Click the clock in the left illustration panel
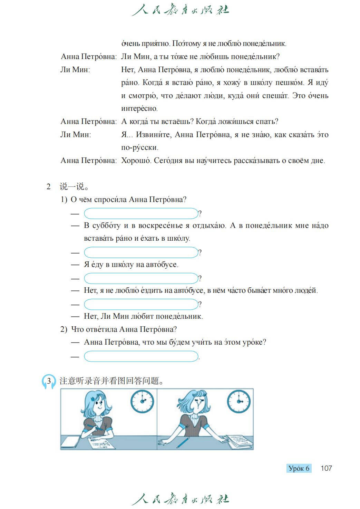(142, 401)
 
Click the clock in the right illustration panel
(239, 402)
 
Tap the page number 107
(326, 468)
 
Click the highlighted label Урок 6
(299, 468)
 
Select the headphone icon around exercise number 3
(49, 382)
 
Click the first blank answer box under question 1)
(141, 213)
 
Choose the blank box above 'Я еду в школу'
(141, 252)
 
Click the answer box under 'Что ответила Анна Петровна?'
(141, 356)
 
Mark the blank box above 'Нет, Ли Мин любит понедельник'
(141, 304)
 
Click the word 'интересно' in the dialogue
(139, 108)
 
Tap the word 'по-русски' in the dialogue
(139, 147)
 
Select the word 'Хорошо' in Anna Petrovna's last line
(136, 161)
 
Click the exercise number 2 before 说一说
(49, 187)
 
